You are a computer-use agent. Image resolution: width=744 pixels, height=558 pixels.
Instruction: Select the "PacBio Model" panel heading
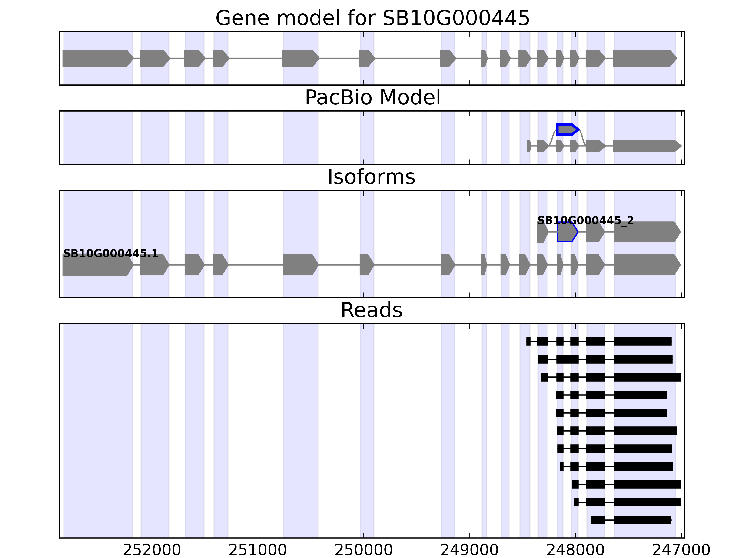pyautogui.click(x=372, y=98)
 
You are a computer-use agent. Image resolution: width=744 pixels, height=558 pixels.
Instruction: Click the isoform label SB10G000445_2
pyautogui.click(x=585, y=221)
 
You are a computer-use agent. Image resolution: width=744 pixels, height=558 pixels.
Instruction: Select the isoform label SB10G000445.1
pyautogui.click(x=110, y=254)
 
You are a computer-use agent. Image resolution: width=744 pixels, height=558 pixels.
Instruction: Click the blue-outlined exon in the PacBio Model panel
pyautogui.click(x=567, y=130)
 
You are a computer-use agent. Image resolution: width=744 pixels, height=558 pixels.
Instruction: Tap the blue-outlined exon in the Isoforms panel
pyautogui.click(x=567, y=232)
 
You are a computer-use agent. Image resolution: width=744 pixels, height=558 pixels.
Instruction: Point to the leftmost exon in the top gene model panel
pyautogui.click(x=97, y=58)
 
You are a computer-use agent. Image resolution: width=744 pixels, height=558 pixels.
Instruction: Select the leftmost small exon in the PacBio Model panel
pyautogui.click(x=529, y=146)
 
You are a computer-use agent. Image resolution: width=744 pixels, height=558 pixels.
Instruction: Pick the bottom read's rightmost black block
pyautogui.click(x=642, y=520)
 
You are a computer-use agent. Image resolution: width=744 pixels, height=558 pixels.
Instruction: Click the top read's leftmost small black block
pyautogui.click(x=528, y=341)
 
